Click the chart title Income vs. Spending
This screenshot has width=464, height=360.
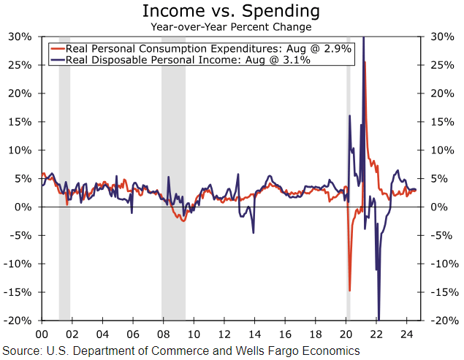point(231,11)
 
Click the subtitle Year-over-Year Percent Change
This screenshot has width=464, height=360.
point(231,27)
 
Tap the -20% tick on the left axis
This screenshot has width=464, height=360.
point(18,321)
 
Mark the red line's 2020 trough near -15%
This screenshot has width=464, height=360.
point(349,290)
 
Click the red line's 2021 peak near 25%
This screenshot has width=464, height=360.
point(365,63)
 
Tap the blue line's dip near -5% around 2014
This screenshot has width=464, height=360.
point(253,232)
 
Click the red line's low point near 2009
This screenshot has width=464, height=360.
point(183,221)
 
